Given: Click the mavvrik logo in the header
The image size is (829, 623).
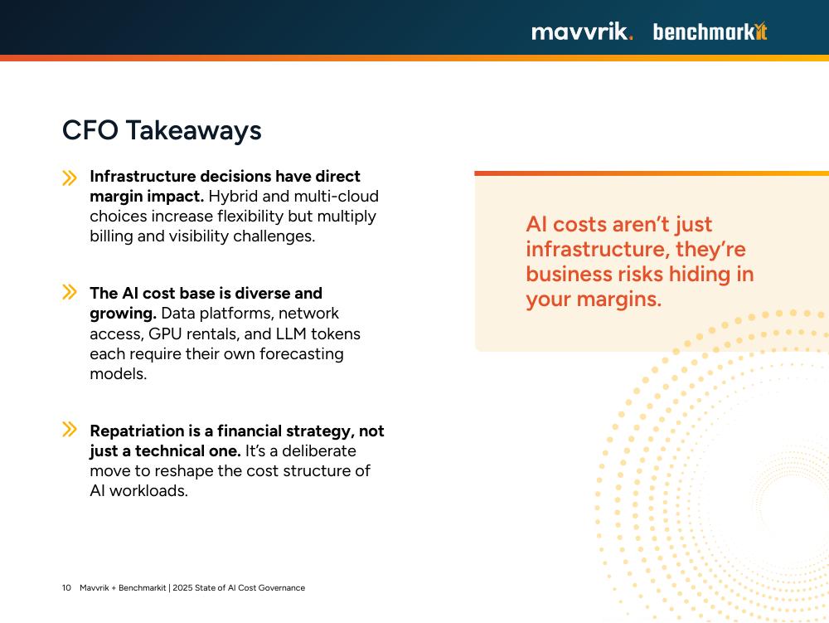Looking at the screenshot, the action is [582, 32].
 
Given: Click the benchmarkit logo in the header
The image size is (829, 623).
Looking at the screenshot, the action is [710, 32].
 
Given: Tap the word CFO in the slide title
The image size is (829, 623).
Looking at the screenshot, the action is [90, 130].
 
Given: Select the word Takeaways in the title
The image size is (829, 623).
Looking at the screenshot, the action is [193, 131].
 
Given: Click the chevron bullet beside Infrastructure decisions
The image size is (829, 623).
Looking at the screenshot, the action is [70, 178].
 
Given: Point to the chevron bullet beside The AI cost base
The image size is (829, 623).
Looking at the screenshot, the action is [70, 292].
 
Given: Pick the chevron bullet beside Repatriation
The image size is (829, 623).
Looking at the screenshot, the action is [70, 429].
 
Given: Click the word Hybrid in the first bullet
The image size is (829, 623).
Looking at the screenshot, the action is [233, 197].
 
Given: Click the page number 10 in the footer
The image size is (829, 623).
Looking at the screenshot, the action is [66, 587].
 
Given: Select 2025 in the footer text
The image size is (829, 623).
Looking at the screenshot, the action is [182, 587].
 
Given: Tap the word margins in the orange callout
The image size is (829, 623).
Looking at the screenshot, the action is [618, 299].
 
